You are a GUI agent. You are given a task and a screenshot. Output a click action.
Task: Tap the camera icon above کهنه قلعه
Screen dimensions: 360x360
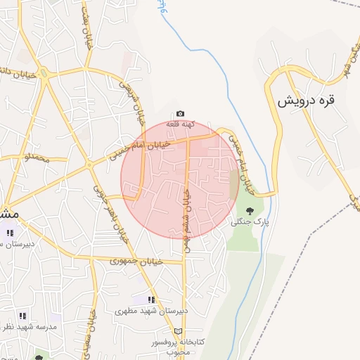pos(180,114)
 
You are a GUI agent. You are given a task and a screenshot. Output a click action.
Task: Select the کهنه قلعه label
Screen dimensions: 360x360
pos(180,124)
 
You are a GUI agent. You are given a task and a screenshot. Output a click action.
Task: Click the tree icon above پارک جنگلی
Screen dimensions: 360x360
pos(250,210)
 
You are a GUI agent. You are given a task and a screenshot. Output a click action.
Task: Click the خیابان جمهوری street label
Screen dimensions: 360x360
pos(136,261)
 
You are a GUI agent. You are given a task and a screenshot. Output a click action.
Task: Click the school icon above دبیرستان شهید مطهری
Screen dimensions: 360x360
pos(151,300)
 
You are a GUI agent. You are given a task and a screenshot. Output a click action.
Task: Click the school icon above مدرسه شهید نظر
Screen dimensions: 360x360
pos(22,316)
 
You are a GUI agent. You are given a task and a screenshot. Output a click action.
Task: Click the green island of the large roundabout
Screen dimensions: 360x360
pos(44,73)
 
